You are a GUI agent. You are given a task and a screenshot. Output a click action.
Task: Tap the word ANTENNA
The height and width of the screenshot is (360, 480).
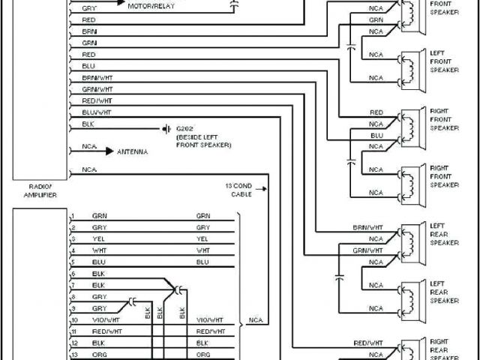132,151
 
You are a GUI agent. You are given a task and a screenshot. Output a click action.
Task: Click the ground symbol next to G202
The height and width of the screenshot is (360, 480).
165,128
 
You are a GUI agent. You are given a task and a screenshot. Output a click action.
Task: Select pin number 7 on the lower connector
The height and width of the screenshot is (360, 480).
73,285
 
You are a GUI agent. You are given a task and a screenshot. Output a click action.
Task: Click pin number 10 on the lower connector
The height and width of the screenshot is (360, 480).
74,319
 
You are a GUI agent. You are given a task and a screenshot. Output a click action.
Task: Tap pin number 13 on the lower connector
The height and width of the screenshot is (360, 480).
74,354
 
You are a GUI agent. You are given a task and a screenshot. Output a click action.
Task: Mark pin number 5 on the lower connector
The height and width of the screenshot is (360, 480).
73,262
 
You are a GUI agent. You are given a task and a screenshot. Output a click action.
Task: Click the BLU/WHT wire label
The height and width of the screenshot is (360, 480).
97,112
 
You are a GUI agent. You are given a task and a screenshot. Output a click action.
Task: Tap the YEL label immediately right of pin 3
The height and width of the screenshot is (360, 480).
98,238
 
